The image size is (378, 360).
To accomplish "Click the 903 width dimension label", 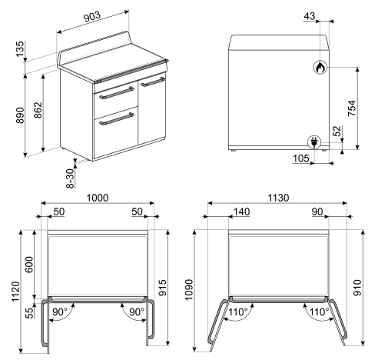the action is click(x=92, y=17).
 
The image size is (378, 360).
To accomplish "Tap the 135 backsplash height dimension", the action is click(x=20, y=49).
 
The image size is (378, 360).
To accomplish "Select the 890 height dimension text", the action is click(x=20, y=115).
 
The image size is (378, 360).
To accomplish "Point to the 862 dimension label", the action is click(x=38, y=110).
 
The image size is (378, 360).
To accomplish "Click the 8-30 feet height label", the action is click(x=70, y=178).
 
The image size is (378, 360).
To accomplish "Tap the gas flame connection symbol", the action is click(x=320, y=68).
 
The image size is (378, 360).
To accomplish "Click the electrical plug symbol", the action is click(x=314, y=142).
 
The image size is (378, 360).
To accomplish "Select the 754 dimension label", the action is click(x=352, y=108).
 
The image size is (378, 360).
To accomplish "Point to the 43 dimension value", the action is click(x=310, y=16).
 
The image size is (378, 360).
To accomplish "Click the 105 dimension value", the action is click(x=301, y=158).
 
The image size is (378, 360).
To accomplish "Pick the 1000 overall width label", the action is click(x=98, y=198).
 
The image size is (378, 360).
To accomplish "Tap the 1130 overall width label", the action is click(x=278, y=198).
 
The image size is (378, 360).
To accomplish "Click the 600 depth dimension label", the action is click(x=29, y=264).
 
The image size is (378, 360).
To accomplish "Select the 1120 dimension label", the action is click(x=15, y=292).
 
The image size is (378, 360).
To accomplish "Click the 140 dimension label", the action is click(x=242, y=212).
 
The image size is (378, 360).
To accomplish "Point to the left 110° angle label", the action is click(x=238, y=312).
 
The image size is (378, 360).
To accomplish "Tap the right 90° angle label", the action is click(x=137, y=312).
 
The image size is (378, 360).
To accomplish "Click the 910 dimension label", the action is click(x=357, y=288).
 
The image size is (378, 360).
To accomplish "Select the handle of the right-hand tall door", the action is click(x=153, y=82).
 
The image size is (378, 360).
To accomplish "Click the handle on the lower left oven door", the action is click(x=117, y=119).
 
